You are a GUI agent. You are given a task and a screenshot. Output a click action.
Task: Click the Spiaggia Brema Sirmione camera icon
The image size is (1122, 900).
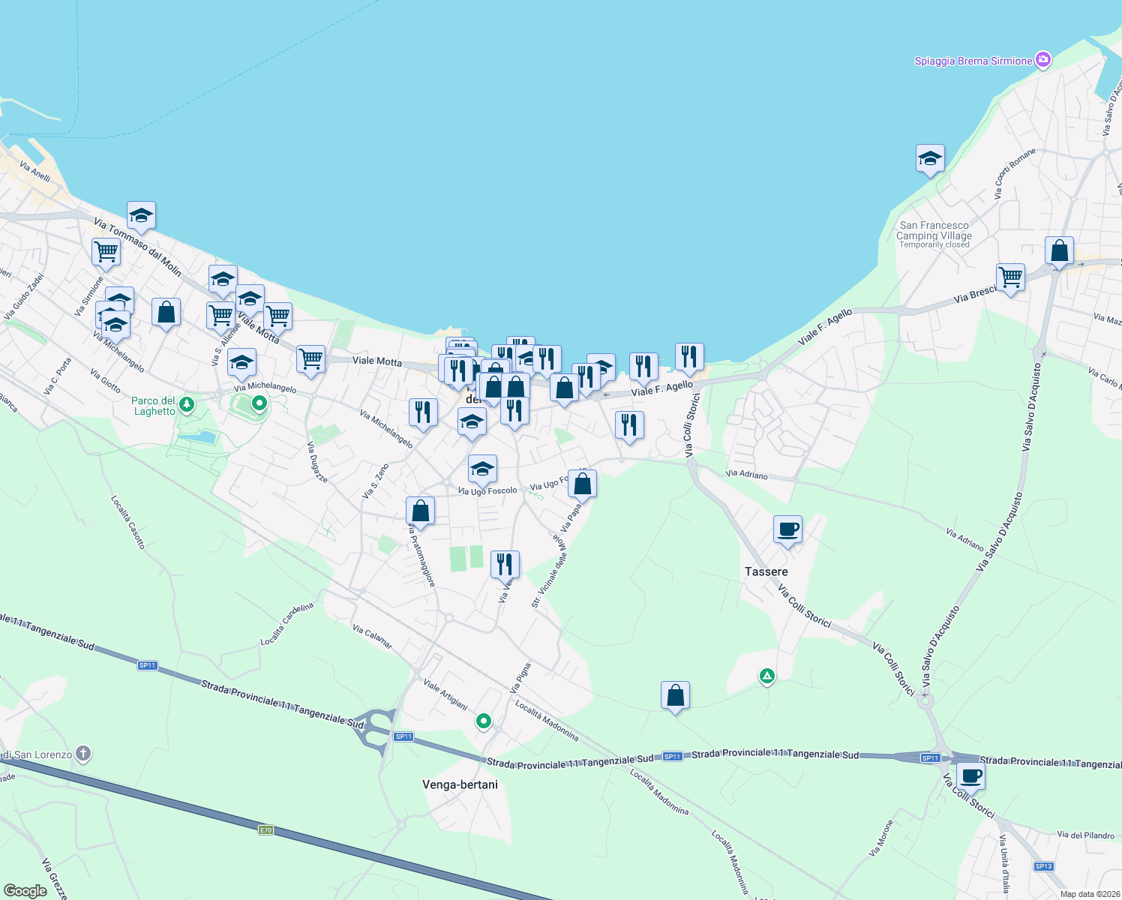1042,60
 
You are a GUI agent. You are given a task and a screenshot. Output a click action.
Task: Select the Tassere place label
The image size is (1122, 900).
766,571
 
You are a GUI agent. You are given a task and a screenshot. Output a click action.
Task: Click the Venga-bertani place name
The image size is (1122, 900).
460,784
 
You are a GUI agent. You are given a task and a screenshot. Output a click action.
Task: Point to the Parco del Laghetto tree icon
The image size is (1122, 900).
187,405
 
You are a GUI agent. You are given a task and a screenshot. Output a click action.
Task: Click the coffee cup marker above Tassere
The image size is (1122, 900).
787,529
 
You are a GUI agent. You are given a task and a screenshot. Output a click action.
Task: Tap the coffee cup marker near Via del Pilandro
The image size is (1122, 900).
970,776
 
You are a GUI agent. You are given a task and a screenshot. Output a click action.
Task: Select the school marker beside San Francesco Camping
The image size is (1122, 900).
930,159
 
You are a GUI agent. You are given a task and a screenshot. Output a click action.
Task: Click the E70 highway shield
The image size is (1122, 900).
265,829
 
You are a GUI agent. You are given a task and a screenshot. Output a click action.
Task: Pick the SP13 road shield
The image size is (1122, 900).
1043,866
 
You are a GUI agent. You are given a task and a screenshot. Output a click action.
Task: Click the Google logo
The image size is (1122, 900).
25,891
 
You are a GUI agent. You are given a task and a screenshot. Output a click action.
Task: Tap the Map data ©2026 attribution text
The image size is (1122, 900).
1090,894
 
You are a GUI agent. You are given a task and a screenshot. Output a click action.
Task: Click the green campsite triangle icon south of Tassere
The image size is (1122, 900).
766,676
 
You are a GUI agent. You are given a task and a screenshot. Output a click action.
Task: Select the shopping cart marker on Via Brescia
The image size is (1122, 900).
1010,277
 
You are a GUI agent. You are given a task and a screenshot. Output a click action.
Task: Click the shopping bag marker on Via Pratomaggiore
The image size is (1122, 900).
421,511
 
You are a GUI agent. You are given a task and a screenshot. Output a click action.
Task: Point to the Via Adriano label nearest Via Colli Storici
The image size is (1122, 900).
747,475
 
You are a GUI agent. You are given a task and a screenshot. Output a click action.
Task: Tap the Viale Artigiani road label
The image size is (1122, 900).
445,694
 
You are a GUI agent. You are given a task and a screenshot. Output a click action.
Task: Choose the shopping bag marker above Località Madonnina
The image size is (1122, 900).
675,696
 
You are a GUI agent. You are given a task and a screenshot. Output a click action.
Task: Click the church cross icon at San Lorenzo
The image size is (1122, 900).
83,753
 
